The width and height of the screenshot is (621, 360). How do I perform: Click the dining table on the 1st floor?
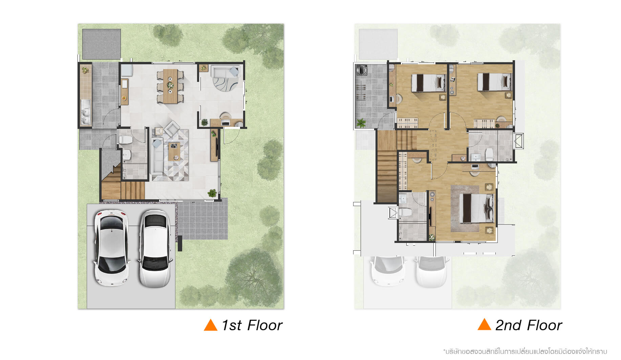point(170,86)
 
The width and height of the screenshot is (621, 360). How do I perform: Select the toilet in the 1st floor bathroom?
point(125,139)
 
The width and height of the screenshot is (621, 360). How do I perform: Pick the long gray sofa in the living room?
point(157,156)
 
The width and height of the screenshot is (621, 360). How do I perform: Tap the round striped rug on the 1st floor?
point(227,83)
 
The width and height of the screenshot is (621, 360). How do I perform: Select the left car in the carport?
point(111,248)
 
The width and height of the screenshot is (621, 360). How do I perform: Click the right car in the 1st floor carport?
point(155,249)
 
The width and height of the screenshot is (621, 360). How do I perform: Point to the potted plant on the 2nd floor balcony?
point(361,123)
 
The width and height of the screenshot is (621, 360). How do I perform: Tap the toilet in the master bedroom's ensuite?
point(405,212)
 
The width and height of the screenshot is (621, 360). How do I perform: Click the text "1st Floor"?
point(252,325)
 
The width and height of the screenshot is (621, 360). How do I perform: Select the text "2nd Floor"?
point(529,325)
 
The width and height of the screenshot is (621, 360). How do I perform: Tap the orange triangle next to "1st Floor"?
point(210,325)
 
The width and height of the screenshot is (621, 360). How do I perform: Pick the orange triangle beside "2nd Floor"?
point(484,324)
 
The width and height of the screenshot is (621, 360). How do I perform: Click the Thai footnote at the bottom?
point(525,352)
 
